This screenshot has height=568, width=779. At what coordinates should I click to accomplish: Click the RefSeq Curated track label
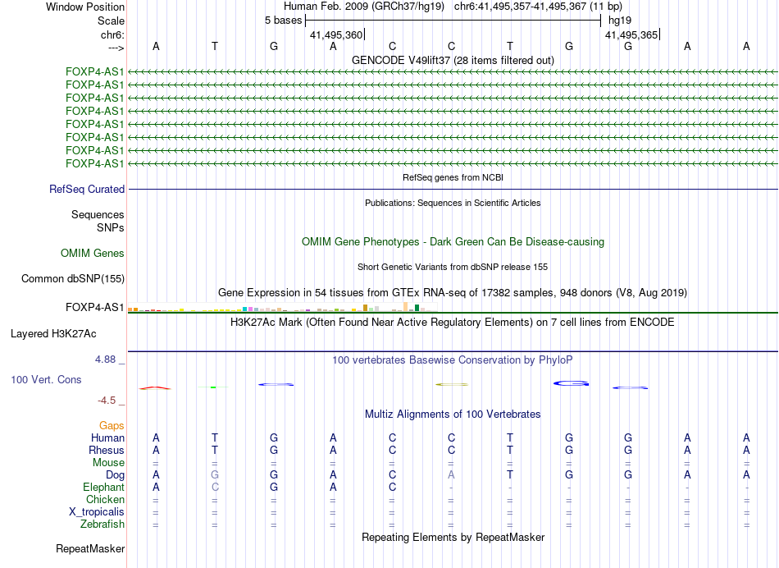tap(87, 190)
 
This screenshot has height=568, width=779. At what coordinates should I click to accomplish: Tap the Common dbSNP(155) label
tap(73, 279)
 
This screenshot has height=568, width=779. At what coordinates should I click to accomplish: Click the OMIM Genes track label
tap(93, 254)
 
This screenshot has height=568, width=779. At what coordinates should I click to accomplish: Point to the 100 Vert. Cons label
tap(46, 380)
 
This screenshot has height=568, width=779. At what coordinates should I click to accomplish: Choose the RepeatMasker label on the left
tap(90, 548)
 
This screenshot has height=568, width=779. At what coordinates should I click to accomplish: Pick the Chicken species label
tap(105, 499)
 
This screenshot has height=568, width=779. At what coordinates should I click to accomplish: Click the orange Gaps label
tap(112, 425)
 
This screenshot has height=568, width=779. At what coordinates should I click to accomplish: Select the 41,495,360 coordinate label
tap(335, 35)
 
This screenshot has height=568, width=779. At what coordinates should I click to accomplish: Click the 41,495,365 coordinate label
tap(631, 35)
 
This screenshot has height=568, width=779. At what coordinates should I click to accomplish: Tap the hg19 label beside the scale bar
tap(619, 20)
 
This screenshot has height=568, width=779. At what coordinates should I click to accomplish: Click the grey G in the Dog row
tap(215, 474)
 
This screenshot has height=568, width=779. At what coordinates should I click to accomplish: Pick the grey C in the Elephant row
tap(215, 487)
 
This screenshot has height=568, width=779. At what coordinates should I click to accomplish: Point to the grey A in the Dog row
tap(451, 474)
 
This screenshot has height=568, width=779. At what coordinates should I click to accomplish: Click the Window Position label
tap(85, 7)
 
